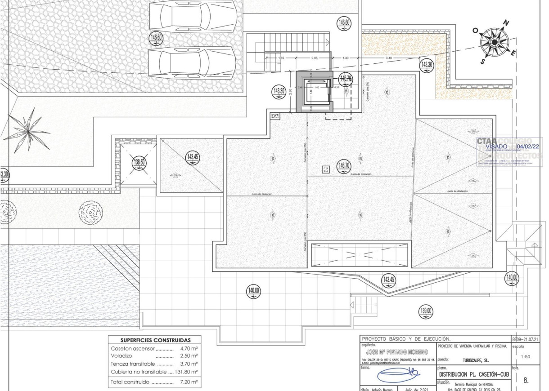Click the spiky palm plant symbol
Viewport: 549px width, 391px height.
(x=29, y=130)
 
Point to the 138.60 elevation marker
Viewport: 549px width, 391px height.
(x=139, y=162)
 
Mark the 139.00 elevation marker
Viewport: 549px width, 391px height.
(x=426, y=311)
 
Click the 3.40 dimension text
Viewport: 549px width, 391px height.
(x=388, y=58)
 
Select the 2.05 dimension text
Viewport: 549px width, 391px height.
(x=314, y=58)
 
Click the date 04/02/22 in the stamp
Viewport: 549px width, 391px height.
(x=529, y=146)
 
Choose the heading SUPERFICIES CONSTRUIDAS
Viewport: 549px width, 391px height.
(x=155, y=340)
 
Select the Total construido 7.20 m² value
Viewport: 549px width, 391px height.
(x=189, y=382)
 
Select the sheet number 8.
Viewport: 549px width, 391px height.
(x=526, y=380)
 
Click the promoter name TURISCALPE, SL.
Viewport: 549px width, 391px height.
(x=476, y=360)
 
